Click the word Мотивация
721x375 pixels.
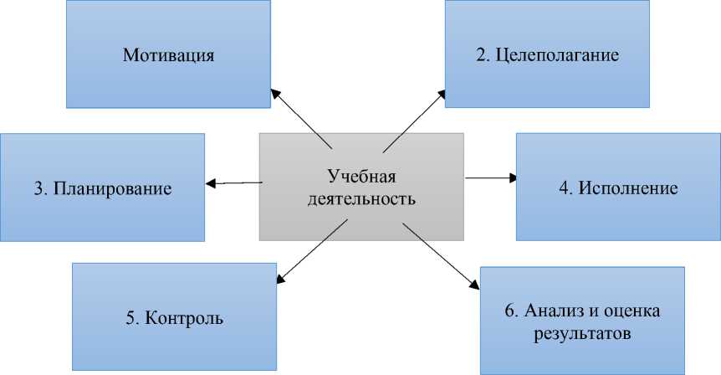pos(169,56)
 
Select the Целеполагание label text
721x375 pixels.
pos(557,56)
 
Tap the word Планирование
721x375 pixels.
pos(113,188)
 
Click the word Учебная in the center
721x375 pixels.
pos(360,177)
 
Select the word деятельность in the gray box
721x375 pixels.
pos(360,200)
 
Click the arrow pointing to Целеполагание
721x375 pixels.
pos(417,118)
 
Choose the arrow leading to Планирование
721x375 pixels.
pos(234,182)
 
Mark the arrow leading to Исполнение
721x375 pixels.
pos(492,177)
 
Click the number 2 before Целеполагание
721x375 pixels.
pos(481,56)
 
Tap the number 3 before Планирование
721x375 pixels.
pos(38,188)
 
